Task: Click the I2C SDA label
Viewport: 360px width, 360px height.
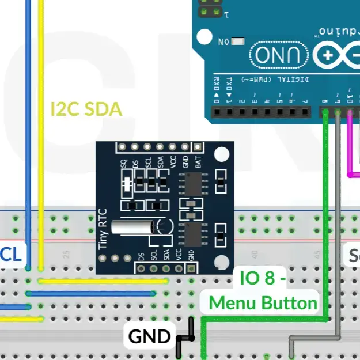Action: (86, 109)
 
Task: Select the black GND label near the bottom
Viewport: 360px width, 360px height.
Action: (149, 336)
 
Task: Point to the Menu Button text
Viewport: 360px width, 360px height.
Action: (263, 303)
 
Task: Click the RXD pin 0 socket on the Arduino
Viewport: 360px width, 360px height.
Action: (217, 113)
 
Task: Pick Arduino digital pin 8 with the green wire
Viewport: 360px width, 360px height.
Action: (325, 113)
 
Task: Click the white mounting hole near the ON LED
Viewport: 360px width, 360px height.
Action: (204, 37)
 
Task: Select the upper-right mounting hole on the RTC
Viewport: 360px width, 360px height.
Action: (221, 155)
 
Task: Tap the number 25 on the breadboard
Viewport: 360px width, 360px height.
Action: (67, 253)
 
